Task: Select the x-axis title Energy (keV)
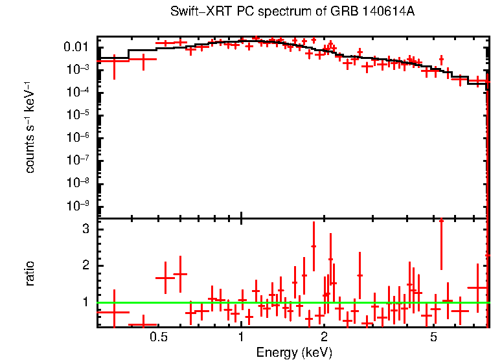(293, 352)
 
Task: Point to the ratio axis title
(30, 273)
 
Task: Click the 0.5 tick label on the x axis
(158, 337)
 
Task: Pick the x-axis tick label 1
(241, 337)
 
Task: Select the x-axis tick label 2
(324, 337)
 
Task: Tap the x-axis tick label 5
(433, 337)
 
